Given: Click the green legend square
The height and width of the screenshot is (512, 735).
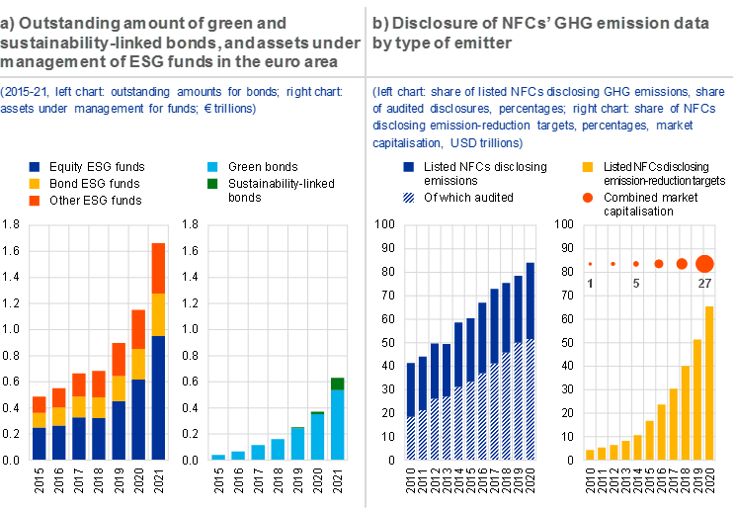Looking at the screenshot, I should (x=213, y=183).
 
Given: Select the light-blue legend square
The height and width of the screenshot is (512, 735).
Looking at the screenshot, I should (x=213, y=167).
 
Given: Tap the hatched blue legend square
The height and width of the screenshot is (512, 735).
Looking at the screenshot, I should (x=409, y=198).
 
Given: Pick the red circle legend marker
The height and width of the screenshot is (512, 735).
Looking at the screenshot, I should (x=588, y=198).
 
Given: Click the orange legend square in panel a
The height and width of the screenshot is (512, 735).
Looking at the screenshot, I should (x=35, y=201).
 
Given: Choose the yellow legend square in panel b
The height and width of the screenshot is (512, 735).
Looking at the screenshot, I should (x=588, y=167).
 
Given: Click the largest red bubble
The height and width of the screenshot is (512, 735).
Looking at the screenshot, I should (x=704, y=263).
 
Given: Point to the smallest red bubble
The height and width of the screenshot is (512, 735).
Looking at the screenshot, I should (x=590, y=264).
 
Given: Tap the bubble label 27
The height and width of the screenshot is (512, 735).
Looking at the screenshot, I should (x=704, y=283).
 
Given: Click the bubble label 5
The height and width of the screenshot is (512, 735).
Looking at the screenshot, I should (x=636, y=283).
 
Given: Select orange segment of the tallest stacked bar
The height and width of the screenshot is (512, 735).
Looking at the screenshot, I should (x=158, y=268).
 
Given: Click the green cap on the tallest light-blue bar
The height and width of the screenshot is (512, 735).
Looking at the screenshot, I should (x=338, y=384).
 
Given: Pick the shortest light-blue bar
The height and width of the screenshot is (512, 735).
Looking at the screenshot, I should (x=218, y=457).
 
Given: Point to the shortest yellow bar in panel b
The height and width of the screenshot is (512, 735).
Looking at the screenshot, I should (x=590, y=455).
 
